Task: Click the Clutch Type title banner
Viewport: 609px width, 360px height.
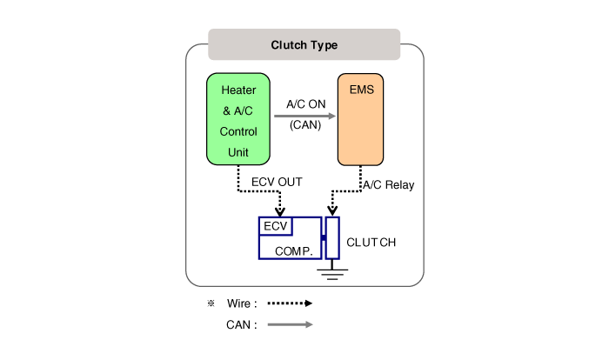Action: tap(304, 44)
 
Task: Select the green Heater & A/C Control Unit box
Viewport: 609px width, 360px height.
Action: tap(238, 119)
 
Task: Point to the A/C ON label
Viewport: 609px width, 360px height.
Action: tap(305, 104)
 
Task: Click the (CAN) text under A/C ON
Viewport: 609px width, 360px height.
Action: tap(305, 123)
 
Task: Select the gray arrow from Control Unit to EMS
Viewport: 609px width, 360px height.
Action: tap(304, 114)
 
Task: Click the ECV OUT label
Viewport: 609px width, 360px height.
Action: tap(277, 182)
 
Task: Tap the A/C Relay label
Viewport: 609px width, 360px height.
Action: tap(389, 184)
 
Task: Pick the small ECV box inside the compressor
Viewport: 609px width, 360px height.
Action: tap(276, 226)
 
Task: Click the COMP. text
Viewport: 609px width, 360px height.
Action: tap(293, 250)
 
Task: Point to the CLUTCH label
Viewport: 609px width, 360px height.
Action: tap(371, 243)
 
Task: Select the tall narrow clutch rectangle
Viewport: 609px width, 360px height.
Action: tap(331, 238)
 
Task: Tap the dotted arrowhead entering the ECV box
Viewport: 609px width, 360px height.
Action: tap(279, 211)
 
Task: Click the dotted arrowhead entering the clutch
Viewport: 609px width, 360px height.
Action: tap(331, 211)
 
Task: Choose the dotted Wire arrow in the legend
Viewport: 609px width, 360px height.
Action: tap(289, 304)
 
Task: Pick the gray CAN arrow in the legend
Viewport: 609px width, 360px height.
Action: tap(289, 325)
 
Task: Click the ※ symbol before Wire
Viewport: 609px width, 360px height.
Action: tap(211, 303)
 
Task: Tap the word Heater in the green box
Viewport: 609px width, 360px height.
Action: tap(238, 90)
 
